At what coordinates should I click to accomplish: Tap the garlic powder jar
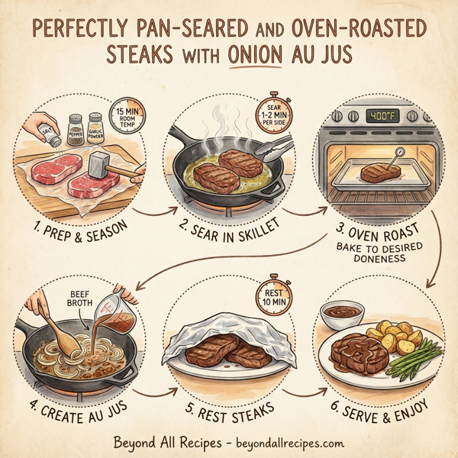(95, 126)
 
